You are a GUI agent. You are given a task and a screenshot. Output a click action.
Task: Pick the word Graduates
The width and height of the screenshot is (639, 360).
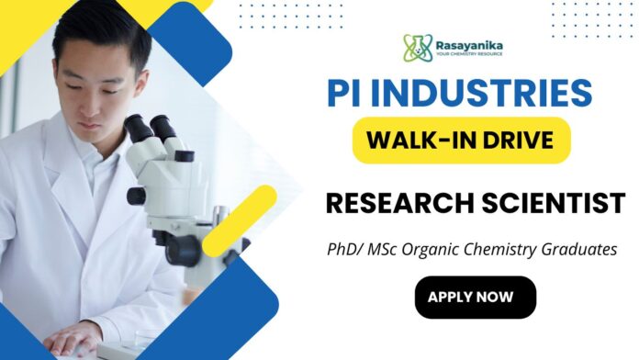[x=584, y=249]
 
